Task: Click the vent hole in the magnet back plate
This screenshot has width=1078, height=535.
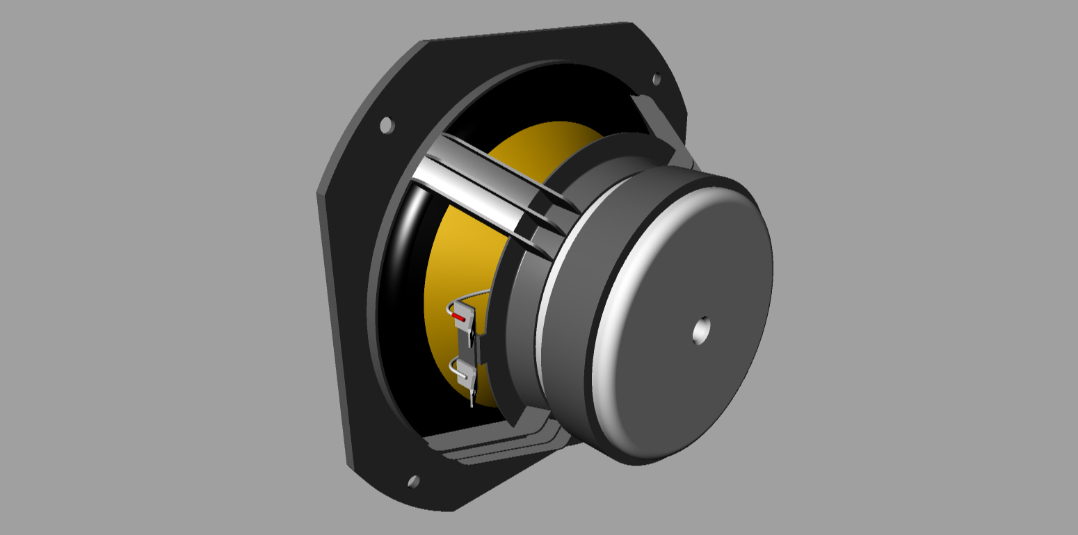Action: coord(702,331)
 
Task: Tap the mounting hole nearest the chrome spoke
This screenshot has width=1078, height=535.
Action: coord(387,125)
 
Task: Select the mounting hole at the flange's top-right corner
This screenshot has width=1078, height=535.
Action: coord(656,79)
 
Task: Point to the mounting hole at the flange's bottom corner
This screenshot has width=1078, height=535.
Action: coord(413,481)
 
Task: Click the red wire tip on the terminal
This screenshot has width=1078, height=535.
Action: coord(458,318)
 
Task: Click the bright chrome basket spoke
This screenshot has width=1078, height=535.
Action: coord(480,188)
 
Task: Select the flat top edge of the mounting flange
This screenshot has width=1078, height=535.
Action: coord(529,32)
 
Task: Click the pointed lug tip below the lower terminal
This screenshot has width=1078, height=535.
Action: coord(472,402)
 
